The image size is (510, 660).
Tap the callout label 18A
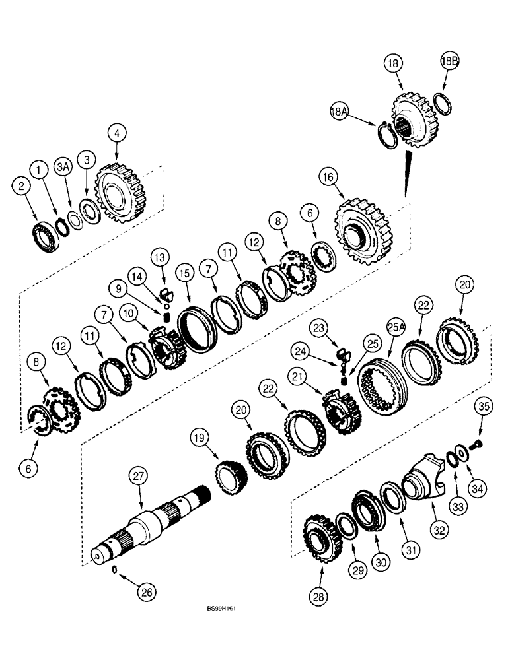[x=338, y=113]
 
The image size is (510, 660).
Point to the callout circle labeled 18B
[x=449, y=61]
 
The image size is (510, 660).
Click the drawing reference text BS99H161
[x=220, y=626]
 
